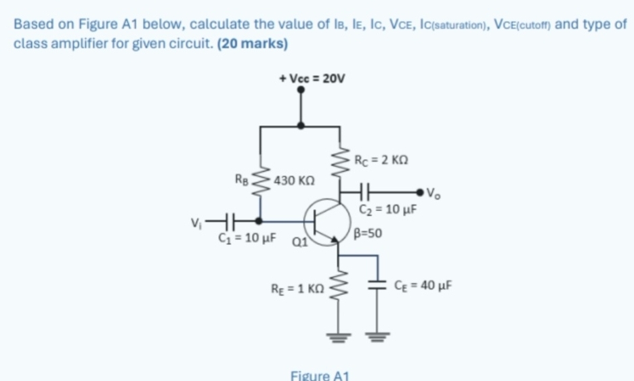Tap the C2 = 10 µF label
point(387,210)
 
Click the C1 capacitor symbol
point(230,221)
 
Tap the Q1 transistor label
point(299,242)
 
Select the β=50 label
point(368,234)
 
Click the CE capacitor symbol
point(375,284)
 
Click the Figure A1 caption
point(318,374)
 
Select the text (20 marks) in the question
point(251,45)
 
